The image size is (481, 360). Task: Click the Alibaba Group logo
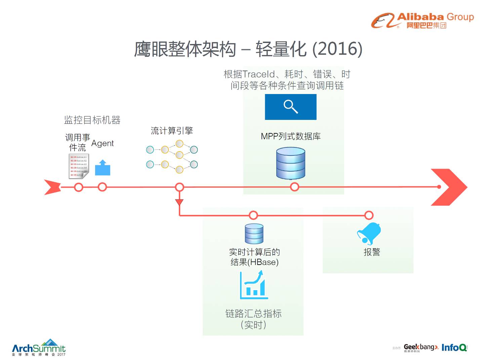pos(422,20)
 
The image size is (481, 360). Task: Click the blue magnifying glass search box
pos(291,107)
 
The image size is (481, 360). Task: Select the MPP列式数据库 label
pos(291,136)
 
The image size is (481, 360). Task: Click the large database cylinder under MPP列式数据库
pos(291,163)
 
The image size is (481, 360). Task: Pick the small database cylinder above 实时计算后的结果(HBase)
pos(254,234)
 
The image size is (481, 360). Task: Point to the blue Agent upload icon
pos(103,168)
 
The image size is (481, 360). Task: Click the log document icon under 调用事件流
pos(79,166)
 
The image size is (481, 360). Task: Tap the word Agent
pos(103,143)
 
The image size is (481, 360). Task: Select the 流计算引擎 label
pos(172,131)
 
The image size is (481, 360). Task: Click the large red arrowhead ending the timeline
pos(449,187)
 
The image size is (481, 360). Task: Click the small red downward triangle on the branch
pos(179,202)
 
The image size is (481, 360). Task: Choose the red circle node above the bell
pos(369,215)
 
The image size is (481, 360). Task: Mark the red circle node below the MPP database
pos(294,187)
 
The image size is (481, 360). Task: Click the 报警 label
pos(372,252)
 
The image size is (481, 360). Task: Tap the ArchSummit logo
pos(39,348)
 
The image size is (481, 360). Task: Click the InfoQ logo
pos(454,348)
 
